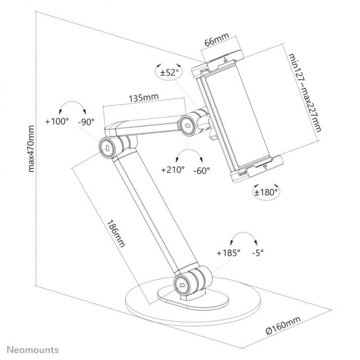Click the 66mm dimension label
216,42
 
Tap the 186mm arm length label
115,228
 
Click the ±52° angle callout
168,72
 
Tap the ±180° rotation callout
266,191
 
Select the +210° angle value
173,169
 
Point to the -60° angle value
201,169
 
